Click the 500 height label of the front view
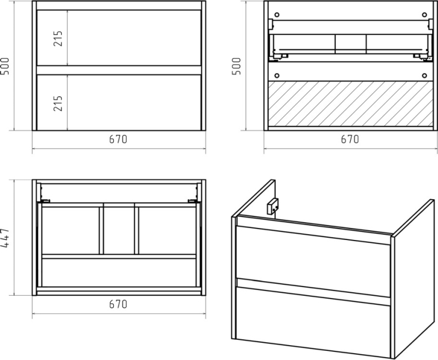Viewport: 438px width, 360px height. pos(5,66)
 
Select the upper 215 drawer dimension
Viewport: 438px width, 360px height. pos(58,38)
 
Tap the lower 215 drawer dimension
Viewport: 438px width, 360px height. pos(58,103)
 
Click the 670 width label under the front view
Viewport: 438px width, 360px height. pos(118,139)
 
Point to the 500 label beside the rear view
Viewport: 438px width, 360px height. pos(236,66)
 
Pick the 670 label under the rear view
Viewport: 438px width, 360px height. pos(349,139)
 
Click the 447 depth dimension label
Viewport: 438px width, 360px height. pos(5,238)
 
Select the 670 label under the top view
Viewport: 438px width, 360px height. pos(118,304)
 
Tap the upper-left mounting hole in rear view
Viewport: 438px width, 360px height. pos(277,14)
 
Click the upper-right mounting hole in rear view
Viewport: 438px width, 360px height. pos(424,14)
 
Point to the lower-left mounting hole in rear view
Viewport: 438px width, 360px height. pos(277,75)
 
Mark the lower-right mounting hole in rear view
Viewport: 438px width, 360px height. pos(424,75)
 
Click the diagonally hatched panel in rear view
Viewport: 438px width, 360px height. pos(351,103)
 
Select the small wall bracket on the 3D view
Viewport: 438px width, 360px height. pos(272,206)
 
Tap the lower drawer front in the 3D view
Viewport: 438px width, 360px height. pos(313,321)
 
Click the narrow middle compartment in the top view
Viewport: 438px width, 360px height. pos(119,230)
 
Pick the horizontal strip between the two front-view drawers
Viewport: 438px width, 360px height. pos(119,70)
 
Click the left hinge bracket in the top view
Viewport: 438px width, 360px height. pos(45,200)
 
